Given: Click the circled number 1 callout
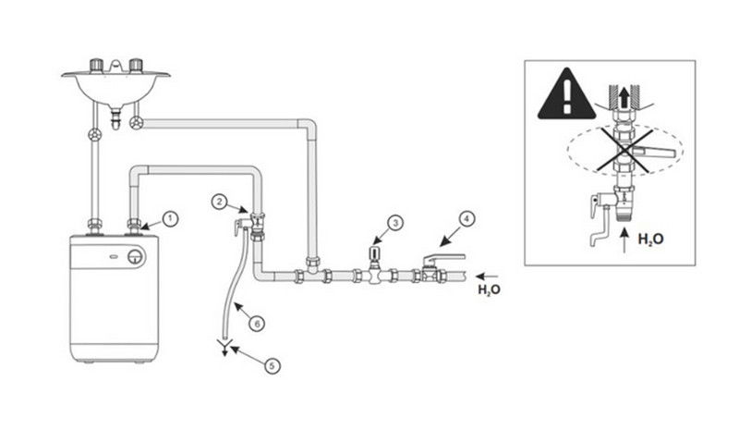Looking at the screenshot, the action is [x=170, y=219].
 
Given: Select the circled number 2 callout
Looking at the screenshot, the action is [x=219, y=202].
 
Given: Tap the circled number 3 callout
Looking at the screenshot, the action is [x=395, y=223].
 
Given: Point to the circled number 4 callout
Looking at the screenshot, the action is [x=466, y=219].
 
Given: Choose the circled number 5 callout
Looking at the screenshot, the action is [x=272, y=366].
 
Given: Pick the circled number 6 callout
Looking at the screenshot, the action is [x=257, y=324].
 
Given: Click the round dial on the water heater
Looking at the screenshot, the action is [x=136, y=257].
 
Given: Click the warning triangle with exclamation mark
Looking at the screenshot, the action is [x=566, y=94].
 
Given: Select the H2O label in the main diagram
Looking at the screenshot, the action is [x=490, y=289].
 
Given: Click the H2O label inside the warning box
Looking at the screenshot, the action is [x=651, y=239].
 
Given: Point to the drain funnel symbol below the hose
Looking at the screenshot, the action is [x=224, y=346].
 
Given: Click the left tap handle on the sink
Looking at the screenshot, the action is [x=97, y=65].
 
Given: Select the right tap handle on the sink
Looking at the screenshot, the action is [x=136, y=65].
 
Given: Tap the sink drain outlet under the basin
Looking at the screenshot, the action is [x=115, y=117].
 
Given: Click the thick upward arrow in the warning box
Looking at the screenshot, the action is [x=624, y=99].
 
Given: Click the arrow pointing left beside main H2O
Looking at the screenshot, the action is [x=487, y=276].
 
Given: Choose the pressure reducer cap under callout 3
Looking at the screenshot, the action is [x=375, y=252].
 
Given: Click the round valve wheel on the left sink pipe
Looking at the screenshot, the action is [x=95, y=135].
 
